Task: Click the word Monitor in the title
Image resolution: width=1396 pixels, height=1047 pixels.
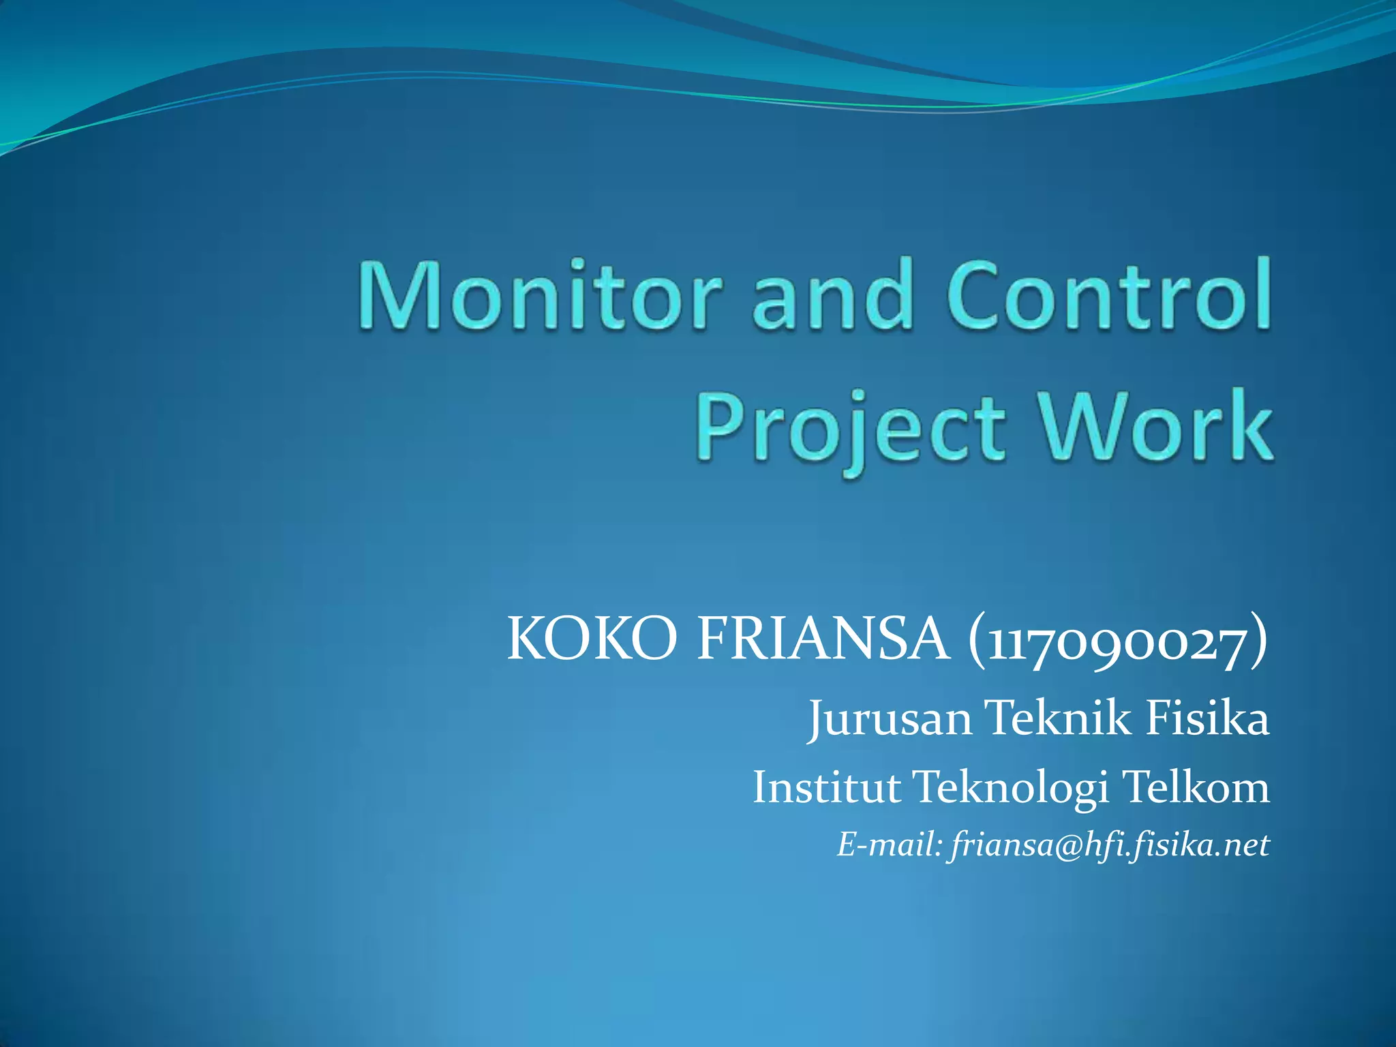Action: tap(538, 296)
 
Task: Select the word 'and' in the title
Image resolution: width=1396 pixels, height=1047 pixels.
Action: tap(832, 296)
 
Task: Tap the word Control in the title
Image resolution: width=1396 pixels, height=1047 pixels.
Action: tap(1108, 296)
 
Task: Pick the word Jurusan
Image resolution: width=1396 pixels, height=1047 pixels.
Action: tap(890, 718)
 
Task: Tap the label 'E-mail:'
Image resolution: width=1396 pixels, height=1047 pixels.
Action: tap(889, 845)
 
